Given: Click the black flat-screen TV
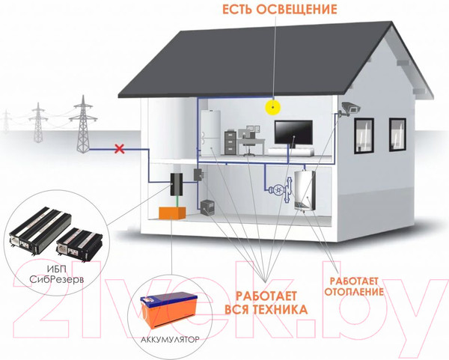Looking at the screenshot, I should [x=294, y=132].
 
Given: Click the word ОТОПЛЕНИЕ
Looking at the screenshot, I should [x=355, y=291].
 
